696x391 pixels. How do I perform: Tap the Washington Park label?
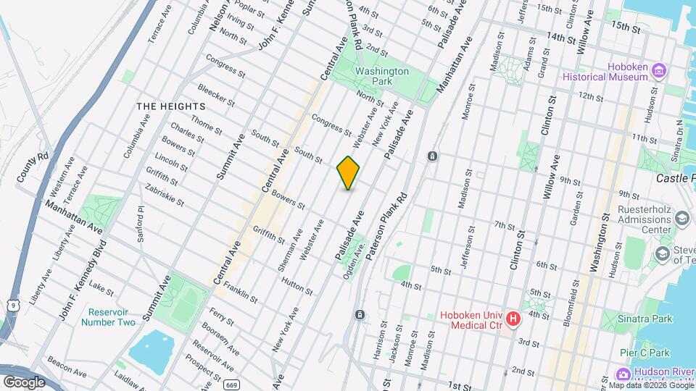[382, 76]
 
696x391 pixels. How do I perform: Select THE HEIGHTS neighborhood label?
[171, 106]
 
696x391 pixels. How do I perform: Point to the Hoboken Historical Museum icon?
[658, 70]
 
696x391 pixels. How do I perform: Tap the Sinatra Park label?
[647, 319]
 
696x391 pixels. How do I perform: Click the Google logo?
[24, 382]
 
